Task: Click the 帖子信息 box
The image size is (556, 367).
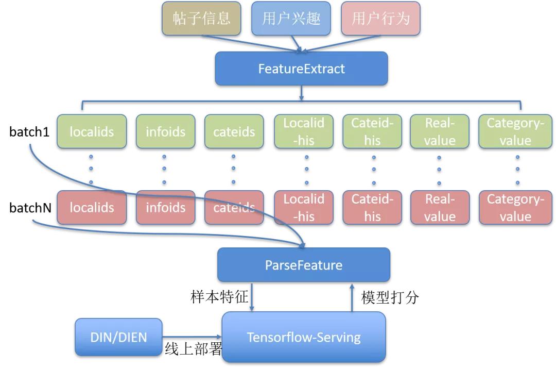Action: pyautogui.click(x=201, y=19)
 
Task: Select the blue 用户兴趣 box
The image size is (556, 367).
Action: pyautogui.click(x=291, y=19)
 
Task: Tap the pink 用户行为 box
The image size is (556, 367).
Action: pyautogui.click(x=380, y=19)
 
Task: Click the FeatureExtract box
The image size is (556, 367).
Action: pyautogui.click(x=301, y=69)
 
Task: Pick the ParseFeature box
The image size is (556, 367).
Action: pyautogui.click(x=303, y=265)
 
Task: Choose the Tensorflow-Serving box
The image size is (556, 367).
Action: pyautogui.click(x=303, y=337)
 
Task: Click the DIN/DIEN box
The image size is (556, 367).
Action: pyautogui.click(x=118, y=337)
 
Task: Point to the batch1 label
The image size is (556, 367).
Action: pyautogui.click(x=29, y=131)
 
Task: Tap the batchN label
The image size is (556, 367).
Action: pyautogui.click(x=30, y=208)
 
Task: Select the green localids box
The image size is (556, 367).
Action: pyautogui.click(x=92, y=131)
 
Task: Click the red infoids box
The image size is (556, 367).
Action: pyautogui.click(x=165, y=208)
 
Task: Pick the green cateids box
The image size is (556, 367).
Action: pyautogui.click(x=234, y=131)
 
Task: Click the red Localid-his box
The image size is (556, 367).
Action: pyautogui.click(x=304, y=208)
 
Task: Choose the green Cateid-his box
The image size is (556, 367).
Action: pyautogui.click(x=372, y=131)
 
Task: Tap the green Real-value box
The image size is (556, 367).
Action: pyautogui.click(x=440, y=131)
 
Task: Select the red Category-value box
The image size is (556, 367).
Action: pyautogui.click(x=515, y=208)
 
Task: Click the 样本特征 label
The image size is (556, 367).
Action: pyautogui.click(x=219, y=297)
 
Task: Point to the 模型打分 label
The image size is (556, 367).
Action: pyautogui.click(x=390, y=297)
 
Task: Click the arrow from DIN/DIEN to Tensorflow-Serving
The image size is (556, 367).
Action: pyautogui.click(x=192, y=337)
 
